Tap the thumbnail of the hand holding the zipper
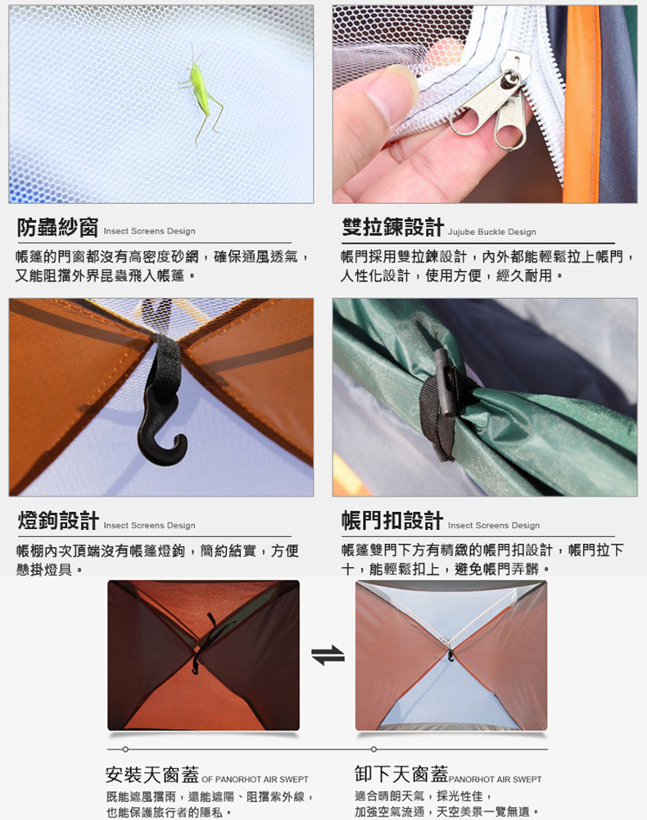(x=485, y=104)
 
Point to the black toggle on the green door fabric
(x=448, y=383)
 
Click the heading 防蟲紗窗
(x=57, y=228)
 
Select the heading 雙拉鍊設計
(x=393, y=227)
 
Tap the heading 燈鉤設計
(x=58, y=521)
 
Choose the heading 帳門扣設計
(x=392, y=520)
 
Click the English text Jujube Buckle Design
(x=492, y=232)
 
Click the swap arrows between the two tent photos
(x=328, y=655)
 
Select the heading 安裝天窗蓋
(x=152, y=774)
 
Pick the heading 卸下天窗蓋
(x=401, y=773)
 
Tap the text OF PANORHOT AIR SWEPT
(x=256, y=779)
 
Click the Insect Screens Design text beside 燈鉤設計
(x=150, y=525)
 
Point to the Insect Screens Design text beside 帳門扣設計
(x=494, y=525)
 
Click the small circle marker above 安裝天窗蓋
(x=125, y=750)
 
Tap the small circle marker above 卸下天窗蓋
(x=373, y=750)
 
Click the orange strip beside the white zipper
(x=581, y=104)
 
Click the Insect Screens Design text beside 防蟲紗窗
(x=150, y=231)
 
